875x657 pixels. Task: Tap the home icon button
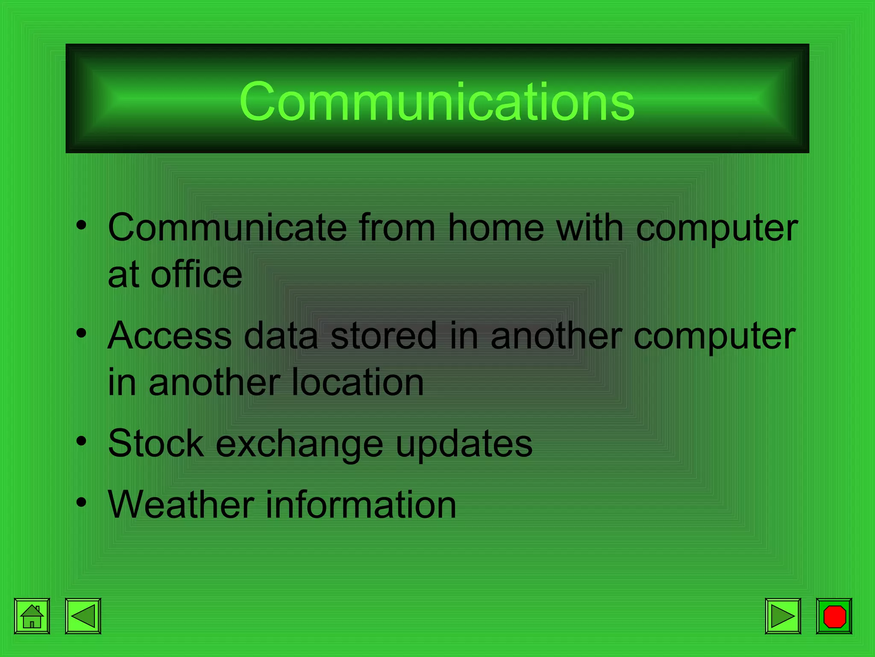click(32, 616)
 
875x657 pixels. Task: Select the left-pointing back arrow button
click(83, 616)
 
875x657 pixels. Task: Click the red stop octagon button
click(834, 616)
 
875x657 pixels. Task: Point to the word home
click(496, 228)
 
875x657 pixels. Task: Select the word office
click(197, 275)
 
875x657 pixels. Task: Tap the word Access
click(170, 336)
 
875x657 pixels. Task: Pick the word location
click(357, 382)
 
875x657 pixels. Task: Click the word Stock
click(156, 444)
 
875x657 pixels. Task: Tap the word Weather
click(181, 505)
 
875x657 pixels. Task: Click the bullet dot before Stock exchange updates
click(81, 441)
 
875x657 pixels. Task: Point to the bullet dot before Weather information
click(81, 502)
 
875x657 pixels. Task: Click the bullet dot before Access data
click(81, 333)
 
